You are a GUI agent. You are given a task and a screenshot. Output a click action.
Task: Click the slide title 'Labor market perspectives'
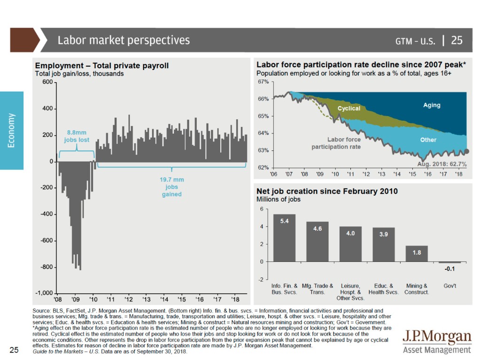pyautogui.click(x=124, y=40)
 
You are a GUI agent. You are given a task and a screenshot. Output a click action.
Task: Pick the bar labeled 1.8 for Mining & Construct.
pyautogui.click(x=417, y=253)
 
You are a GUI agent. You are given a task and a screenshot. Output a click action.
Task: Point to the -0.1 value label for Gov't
pyautogui.click(x=450, y=269)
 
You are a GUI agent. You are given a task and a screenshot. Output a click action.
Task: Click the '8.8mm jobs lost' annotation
pyautogui.click(x=77, y=136)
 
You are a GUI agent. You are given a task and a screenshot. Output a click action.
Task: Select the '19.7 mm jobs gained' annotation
pyautogui.click(x=171, y=187)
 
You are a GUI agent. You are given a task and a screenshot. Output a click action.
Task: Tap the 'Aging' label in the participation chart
pyautogui.click(x=431, y=105)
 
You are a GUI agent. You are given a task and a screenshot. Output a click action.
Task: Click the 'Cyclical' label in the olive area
pyautogui.click(x=349, y=109)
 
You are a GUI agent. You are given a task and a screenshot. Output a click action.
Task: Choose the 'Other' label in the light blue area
pyautogui.click(x=428, y=140)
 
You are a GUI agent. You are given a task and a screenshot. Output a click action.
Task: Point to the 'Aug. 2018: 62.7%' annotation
pyautogui.click(x=442, y=164)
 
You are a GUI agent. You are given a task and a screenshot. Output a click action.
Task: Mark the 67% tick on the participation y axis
pyautogui.click(x=263, y=82)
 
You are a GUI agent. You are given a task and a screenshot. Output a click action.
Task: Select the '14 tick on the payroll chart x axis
pyautogui.click(x=164, y=299)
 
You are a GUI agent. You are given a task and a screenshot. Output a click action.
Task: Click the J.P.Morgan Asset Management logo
pyautogui.click(x=437, y=342)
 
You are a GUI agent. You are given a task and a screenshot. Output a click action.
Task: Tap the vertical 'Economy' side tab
pyautogui.click(x=12, y=130)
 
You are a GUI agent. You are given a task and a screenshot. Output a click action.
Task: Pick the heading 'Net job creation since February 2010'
pyautogui.click(x=327, y=191)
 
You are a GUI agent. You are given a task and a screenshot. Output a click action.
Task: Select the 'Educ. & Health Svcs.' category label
pyautogui.click(x=383, y=289)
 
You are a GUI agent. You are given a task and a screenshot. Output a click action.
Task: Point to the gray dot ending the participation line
pyautogui.click(x=467, y=151)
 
